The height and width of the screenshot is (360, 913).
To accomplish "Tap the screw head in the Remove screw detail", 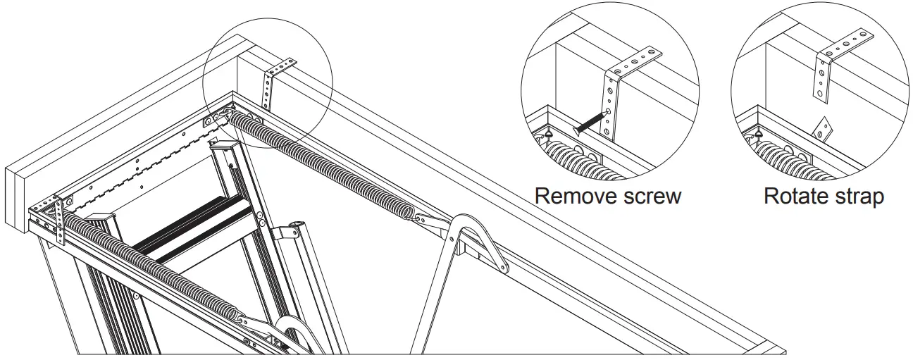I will (578, 129).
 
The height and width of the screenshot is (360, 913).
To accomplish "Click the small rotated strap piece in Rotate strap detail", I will (822, 127).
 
